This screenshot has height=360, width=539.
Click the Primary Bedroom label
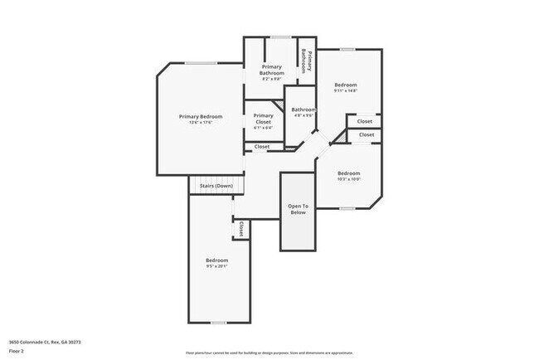pyautogui.click(x=200, y=116)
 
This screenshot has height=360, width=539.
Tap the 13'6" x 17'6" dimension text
pyautogui.click(x=200, y=123)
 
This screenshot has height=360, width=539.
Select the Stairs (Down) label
pyautogui.click(x=216, y=186)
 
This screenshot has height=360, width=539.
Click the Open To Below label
pyautogui.click(x=298, y=209)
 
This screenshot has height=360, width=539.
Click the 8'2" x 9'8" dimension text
pyautogui.click(x=272, y=80)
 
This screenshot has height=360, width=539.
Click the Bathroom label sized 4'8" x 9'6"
pyautogui.click(x=303, y=109)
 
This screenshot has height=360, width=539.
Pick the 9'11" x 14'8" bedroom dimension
pyautogui.click(x=346, y=91)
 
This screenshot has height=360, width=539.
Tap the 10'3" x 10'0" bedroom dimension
pyautogui.click(x=348, y=179)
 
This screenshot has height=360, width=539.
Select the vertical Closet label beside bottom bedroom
pyautogui.click(x=241, y=229)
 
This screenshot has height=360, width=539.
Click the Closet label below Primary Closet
pyautogui.click(x=261, y=147)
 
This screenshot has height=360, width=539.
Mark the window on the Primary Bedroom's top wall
pyautogui.click(x=201, y=63)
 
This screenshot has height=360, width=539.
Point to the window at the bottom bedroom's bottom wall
pyautogui.click(x=218, y=323)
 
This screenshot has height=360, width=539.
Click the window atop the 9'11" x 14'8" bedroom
pyautogui.click(x=347, y=49)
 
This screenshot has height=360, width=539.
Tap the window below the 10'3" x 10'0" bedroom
pyautogui.click(x=347, y=209)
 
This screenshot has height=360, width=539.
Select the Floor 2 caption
pyautogui.click(x=17, y=352)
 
